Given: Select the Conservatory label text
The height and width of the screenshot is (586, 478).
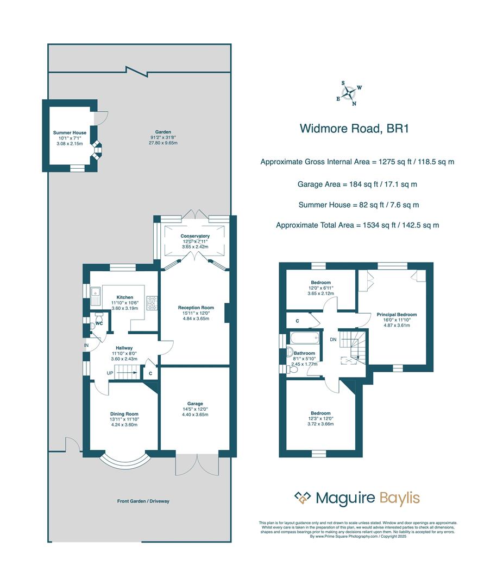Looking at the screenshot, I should [x=195, y=236].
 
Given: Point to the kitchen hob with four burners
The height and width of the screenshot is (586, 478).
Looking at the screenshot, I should [x=152, y=303].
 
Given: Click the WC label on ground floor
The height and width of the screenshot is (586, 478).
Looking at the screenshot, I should [x=99, y=324].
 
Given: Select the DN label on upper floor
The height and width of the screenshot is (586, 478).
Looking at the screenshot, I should [x=333, y=340].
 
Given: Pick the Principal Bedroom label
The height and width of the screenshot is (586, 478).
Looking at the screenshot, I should [x=397, y=315].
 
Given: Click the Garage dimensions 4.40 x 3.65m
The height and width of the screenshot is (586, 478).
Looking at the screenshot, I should [x=195, y=415].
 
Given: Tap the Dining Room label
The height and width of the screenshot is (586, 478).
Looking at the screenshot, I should [x=121, y=413].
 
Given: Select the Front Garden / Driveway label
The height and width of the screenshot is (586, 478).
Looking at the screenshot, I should [x=143, y=501].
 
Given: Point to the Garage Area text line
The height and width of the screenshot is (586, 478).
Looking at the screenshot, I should [x=357, y=184].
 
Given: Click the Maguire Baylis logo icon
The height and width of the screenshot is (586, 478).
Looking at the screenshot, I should [x=302, y=498].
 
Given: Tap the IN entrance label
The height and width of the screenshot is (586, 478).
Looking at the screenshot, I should [x=86, y=345].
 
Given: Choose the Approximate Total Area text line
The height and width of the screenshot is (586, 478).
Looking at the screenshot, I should [x=357, y=225].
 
